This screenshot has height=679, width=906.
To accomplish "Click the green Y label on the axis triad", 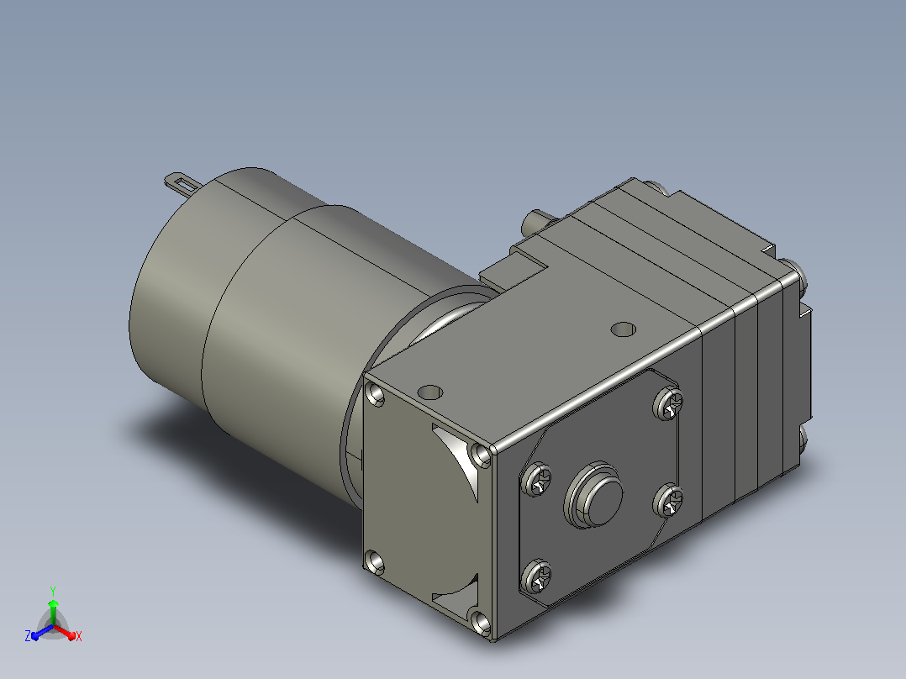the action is (x=53, y=591).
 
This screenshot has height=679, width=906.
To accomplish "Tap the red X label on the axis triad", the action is (x=79, y=636).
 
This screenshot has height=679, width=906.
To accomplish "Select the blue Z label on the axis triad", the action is (x=28, y=635).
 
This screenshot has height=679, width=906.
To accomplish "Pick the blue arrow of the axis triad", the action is (x=42, y=632).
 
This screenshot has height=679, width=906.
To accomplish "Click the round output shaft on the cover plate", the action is (x=593, y=495).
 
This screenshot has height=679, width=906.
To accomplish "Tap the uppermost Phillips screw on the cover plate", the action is (x=668, y=403).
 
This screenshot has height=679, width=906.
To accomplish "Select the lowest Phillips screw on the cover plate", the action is (x=536, y=576).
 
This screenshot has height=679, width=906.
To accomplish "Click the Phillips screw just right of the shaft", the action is (x=668, y=500).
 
